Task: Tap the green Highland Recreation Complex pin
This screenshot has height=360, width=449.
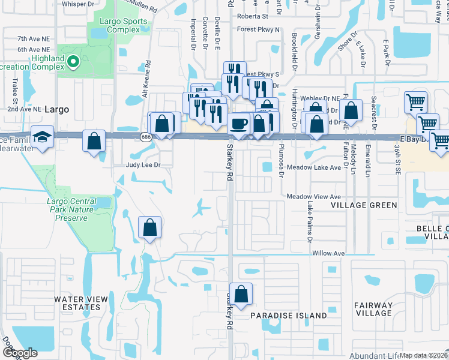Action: point(72,61)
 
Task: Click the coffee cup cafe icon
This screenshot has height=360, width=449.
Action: point(240,124)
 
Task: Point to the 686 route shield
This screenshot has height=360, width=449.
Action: point(146,137)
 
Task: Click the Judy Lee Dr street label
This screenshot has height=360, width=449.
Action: point(143,164)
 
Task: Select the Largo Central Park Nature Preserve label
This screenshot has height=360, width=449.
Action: point(71,209)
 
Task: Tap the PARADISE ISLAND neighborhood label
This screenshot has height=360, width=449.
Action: point(288,315)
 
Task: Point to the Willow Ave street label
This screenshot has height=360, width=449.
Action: point(329,254)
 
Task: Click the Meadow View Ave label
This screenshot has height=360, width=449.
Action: point(313,197)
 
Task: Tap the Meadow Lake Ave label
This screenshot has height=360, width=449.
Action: point(313,168)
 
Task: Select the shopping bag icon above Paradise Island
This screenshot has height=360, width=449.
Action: point(241,294)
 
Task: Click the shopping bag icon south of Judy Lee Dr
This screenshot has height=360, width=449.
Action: point(149,227)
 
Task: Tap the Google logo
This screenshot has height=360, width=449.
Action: point(20,352)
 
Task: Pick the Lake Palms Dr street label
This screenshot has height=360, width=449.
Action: point(310,222)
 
